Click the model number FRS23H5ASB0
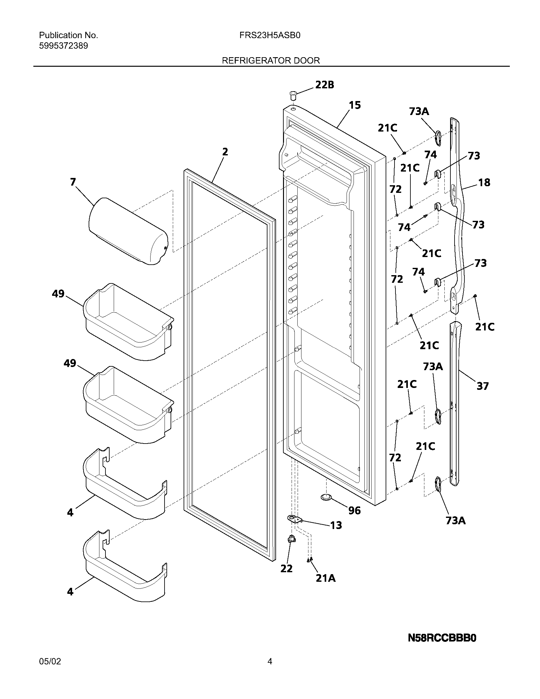[x=270, y=35]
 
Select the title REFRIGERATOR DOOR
[x=271, y=60]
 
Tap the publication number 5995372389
[x=63, y=46]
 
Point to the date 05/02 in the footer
[x=50, y=661]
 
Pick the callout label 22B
[x=324, y=85]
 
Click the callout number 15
[x=354, y=105]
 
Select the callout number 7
[x=73, y=182]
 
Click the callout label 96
[x=354, y=511]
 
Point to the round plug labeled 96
[x=326, y=497]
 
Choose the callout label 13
[x=336, y=525]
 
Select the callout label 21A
[x=326, y=578]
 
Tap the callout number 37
[x=483, y=386]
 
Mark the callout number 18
[x=484, y=182]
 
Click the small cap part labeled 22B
[x=292, y=95]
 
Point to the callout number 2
[x=225, y=152]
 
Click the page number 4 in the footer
[x=270, y=661]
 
